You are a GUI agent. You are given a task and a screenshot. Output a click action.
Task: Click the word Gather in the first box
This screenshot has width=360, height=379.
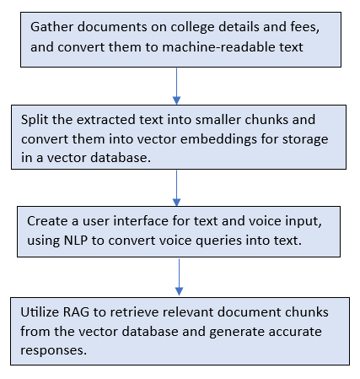coord(52,27)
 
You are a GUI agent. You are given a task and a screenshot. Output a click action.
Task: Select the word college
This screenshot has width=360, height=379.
coord(193,28)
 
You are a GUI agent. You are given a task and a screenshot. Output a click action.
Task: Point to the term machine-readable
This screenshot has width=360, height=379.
coord(219,47)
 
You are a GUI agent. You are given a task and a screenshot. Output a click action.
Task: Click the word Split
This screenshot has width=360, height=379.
coord(35,120)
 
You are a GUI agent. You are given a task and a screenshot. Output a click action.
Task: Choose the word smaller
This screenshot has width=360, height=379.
coord(218,120)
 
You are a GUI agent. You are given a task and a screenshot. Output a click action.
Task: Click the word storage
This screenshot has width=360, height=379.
coord(305,140)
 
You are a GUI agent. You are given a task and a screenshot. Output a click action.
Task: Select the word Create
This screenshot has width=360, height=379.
coord(47,221)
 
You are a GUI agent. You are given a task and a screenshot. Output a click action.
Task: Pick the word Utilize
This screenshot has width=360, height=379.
coord(40,312)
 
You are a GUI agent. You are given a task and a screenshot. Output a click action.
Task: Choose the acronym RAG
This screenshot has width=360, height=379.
coord(76,312)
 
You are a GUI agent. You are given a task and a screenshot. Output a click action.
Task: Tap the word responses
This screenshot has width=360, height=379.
coord(53,351)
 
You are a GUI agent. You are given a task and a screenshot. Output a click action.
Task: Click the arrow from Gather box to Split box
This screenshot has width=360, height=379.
coord(176,86)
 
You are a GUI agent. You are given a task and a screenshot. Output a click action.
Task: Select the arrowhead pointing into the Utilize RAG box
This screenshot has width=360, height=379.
coord(179,291)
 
